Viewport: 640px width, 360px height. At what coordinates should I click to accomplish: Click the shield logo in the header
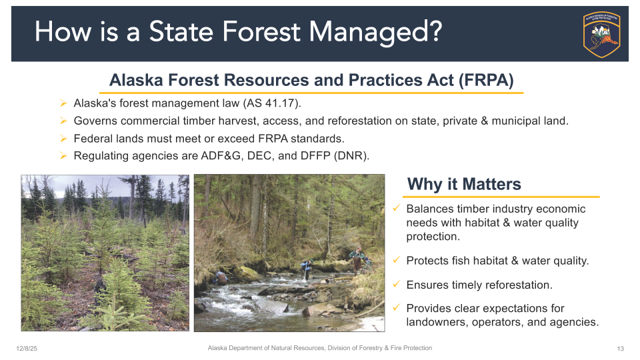point(601,34)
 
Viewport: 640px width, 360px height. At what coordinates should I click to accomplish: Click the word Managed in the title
point(375,32)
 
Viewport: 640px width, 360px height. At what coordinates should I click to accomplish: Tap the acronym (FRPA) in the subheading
point(486,80)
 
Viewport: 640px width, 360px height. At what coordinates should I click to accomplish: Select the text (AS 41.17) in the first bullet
point(272,103)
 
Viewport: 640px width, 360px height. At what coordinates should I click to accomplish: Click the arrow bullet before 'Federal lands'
point(63,139)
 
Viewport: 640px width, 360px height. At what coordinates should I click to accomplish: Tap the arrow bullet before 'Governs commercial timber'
point(63,121)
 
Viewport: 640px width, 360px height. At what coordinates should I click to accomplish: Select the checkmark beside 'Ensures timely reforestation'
point(396,284)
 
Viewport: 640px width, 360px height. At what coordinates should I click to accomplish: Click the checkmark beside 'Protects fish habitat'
point(396,260)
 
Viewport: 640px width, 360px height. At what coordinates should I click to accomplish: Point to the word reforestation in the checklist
point(519,285)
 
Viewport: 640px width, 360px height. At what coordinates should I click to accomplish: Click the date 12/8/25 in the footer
point(27,349)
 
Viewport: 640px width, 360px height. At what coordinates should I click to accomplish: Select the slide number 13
point(621,349)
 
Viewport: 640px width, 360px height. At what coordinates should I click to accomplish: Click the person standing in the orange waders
point(357,259)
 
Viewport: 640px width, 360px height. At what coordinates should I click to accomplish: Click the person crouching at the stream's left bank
point(221,277)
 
